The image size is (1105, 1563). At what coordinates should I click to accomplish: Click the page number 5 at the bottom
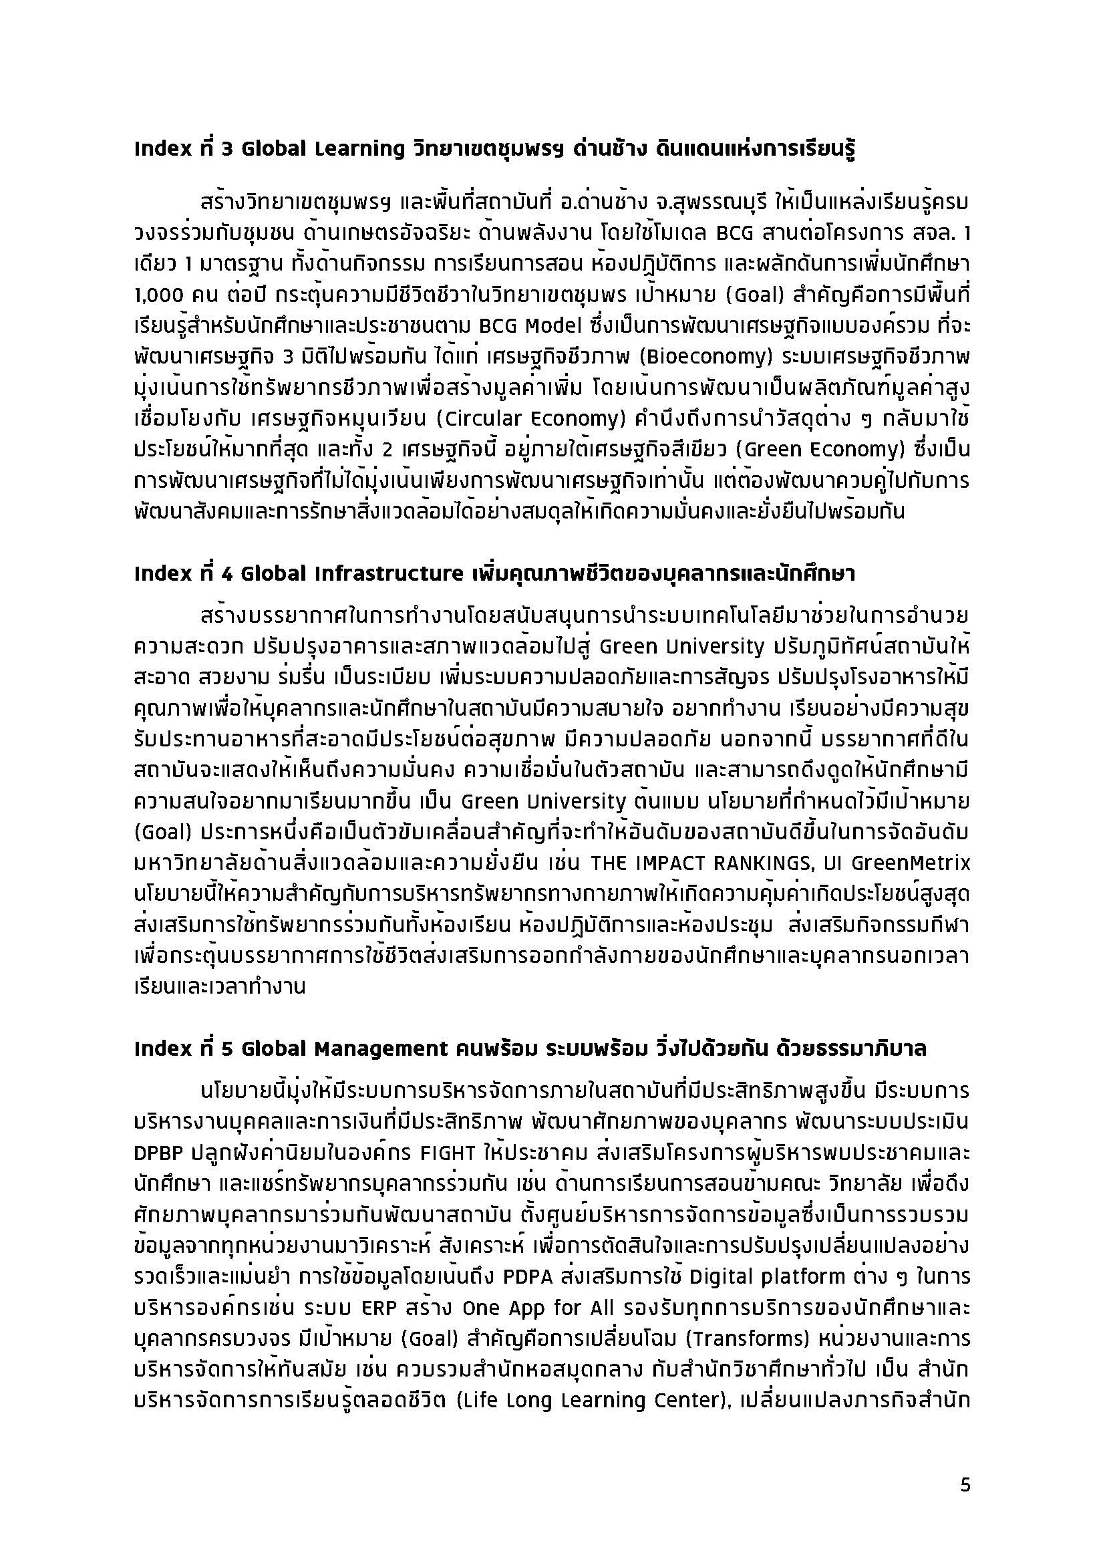[x=965, y=1485]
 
